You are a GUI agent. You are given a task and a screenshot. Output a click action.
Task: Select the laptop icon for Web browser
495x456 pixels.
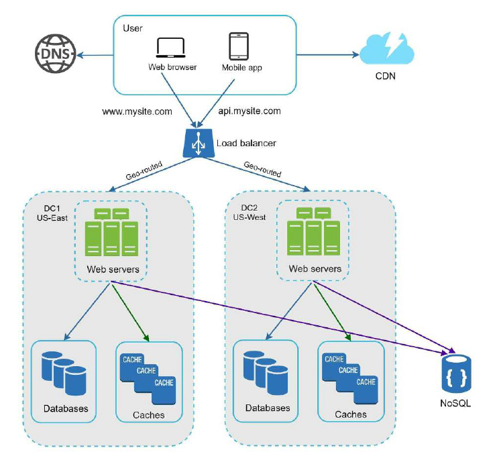(172, 47)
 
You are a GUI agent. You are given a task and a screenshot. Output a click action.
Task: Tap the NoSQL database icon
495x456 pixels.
(453, 373)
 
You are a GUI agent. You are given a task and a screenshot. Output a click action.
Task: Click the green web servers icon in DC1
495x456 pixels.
(113, 232)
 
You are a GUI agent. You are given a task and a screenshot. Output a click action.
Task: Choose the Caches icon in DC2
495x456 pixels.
(351, 378)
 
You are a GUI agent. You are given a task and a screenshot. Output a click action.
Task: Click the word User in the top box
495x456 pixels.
(132, 27)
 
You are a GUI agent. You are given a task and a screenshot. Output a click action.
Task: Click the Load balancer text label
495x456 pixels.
(246, 143)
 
